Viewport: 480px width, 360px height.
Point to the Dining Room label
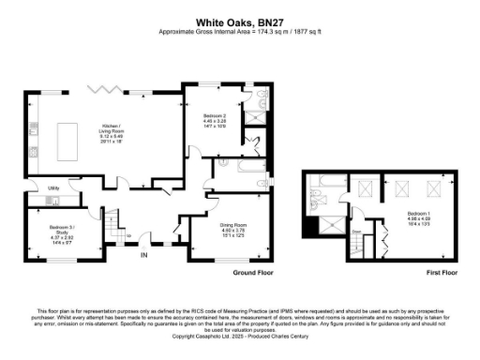tap(232, 228)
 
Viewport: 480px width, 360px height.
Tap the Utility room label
tap(54, 187)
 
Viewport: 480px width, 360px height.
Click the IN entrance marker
tap(143, 254)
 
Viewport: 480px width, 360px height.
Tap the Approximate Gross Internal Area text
tap(239, 30)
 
